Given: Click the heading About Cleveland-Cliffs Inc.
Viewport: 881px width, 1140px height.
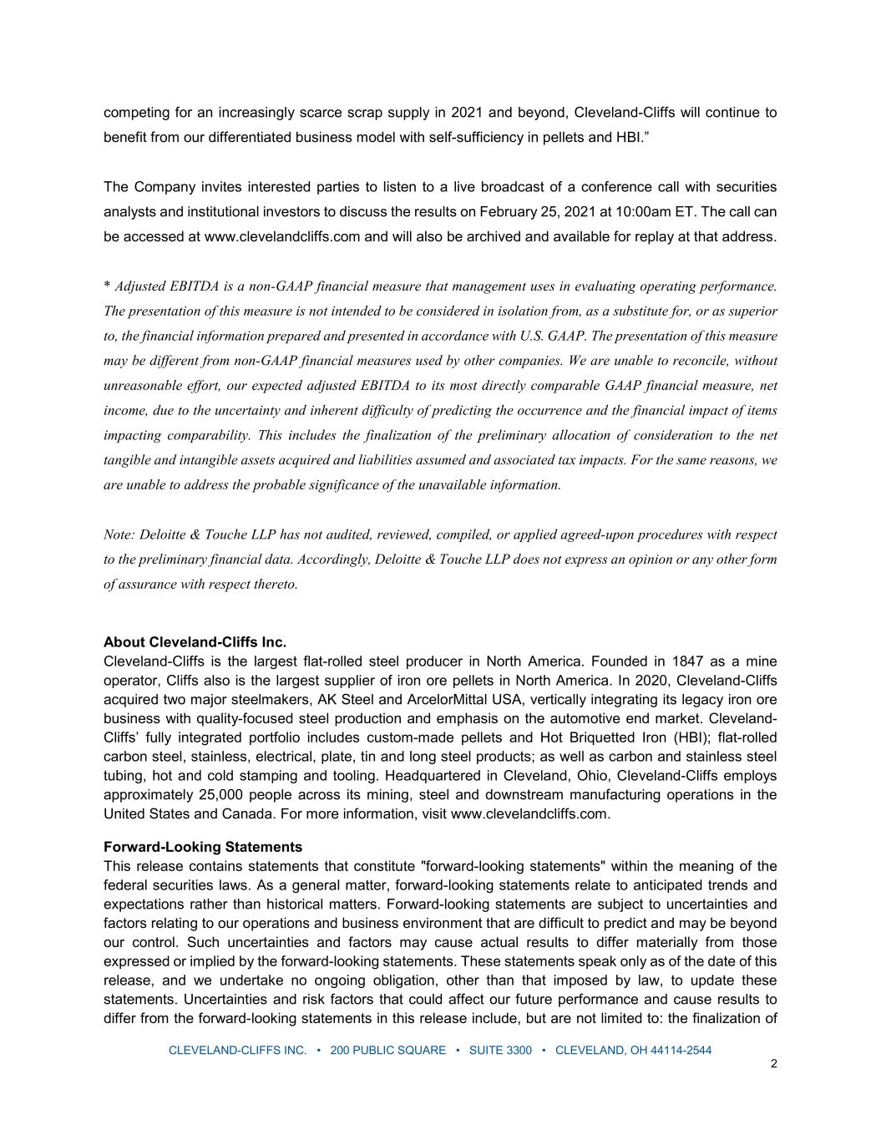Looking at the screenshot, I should tap(195, 642).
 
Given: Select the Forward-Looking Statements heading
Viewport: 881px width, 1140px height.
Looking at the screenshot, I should tap(203, 847).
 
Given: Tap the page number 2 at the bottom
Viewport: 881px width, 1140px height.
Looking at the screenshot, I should tap(773, 1064).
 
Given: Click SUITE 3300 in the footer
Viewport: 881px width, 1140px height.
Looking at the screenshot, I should tap(500, 1050).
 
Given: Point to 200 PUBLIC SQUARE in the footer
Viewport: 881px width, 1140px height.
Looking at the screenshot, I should tap(388, 1050).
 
